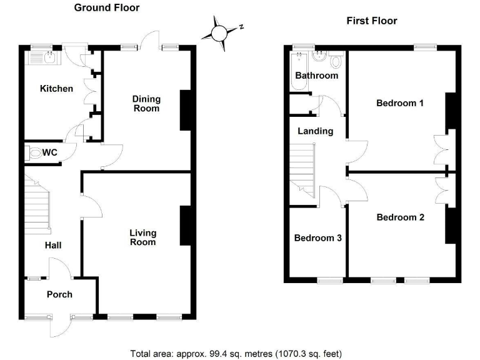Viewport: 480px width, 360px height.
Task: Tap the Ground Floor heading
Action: pyautogui.click(x=107, y=8)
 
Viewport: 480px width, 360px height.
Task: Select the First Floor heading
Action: pyautogui.click(x=372, y=21)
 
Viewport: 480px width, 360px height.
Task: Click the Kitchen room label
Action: pyautogui.click(x=56, y=89)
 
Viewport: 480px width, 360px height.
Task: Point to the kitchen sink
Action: pyautogui.click(x=41, y=59)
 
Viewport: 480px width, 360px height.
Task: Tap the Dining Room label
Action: pyautogui.click(x=146, y=104)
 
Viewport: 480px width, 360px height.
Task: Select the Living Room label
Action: pyautogui.click(x=142, y=237)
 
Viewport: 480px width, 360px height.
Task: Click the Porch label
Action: pyautogui.click(x=59, y=294)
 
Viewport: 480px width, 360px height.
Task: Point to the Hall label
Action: pyautogui.click(x=52, y=245)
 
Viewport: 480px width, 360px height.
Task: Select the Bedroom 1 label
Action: pyautogui.click(x=400, y=103)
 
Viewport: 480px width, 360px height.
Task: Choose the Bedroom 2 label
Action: pyautogui.click(x=400, y=217)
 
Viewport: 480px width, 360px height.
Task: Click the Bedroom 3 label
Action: pyautogui.click(x=317, y=238)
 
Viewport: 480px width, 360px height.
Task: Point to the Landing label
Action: pyautogui.click(x=315, y=131)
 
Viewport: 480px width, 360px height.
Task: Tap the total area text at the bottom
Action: pyautogui.click(x=236, y=353)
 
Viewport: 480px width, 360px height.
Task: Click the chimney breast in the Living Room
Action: pyautogui.click(x=185, y=226)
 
